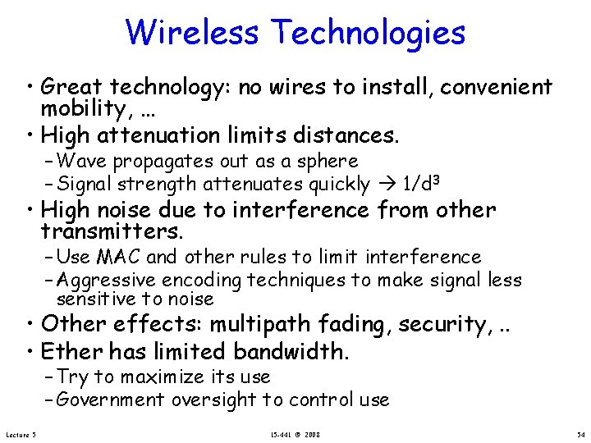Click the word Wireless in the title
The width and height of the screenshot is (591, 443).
(194, 33)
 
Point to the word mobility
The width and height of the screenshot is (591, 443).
(85, 109)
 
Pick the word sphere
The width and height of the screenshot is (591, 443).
(330, 162)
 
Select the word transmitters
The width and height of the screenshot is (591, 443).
(112, 232)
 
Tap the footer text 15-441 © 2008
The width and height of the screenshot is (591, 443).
(296, 433)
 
